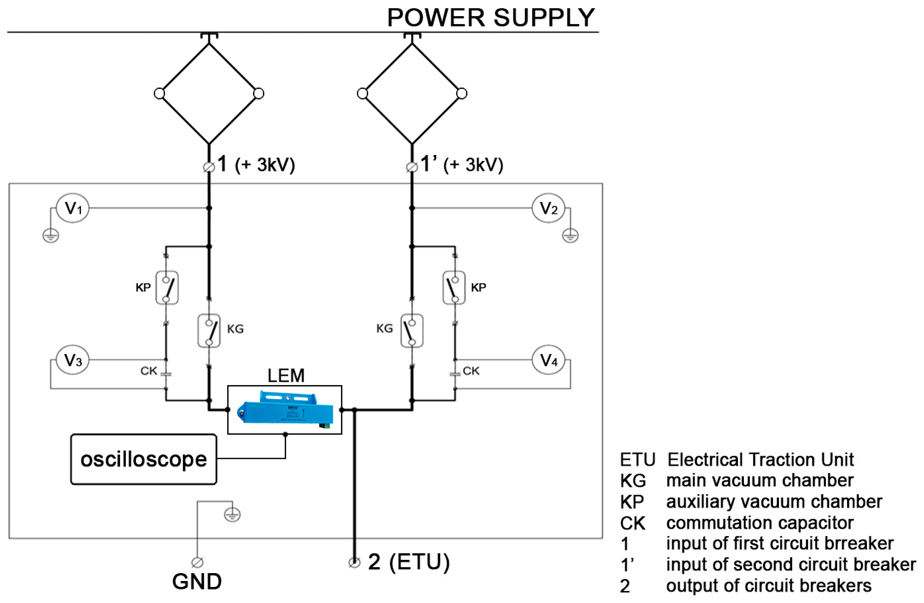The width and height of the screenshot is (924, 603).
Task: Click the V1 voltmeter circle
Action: pos(73,208)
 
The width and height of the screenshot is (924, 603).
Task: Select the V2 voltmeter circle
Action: pos(548,208)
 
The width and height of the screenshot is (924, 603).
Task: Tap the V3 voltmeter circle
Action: pos(73,360)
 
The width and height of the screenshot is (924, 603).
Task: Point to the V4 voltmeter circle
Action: pos(548,360)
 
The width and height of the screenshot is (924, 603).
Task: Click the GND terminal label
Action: pos(197,582)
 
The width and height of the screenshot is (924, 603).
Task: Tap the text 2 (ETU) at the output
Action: pos(408,562)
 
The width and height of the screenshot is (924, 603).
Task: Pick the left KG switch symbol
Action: pos(209,331)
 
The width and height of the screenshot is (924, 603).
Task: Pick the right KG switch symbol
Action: pos(412,331)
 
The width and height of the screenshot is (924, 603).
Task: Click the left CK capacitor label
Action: pos(149,371)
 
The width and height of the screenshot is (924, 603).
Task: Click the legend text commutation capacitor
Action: pos(760,523)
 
